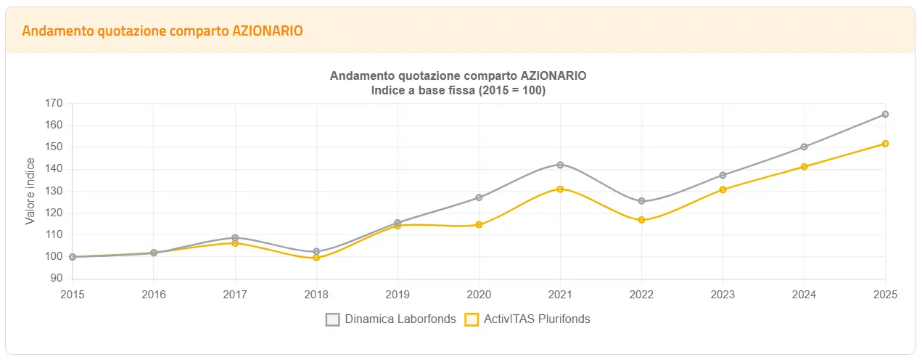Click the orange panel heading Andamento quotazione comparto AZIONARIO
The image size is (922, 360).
162,30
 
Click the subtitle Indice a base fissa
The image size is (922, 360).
458,91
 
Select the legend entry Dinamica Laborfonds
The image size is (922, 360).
390,319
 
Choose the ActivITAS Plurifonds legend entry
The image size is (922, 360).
527,319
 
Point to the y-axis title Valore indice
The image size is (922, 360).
30,192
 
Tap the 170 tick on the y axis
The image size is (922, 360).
54,103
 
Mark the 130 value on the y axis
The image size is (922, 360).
54,191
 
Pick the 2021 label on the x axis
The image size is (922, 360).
560,295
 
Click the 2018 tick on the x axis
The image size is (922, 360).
316,295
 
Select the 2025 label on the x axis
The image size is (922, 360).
885,295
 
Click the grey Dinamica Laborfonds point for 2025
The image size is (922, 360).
885,114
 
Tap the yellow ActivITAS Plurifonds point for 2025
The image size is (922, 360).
885,144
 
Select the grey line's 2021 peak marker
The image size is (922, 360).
560,165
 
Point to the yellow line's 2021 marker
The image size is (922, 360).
560,189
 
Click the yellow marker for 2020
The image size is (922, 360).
479,225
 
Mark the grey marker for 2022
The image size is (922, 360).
641,201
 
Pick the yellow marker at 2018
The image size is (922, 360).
316,258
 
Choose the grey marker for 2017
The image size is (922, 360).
235,237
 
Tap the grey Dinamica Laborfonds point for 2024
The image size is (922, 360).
804,147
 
